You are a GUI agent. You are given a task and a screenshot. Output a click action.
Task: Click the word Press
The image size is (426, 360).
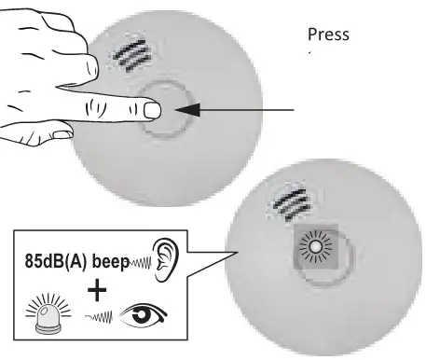328,35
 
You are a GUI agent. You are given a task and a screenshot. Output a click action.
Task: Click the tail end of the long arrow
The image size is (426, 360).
296,110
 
